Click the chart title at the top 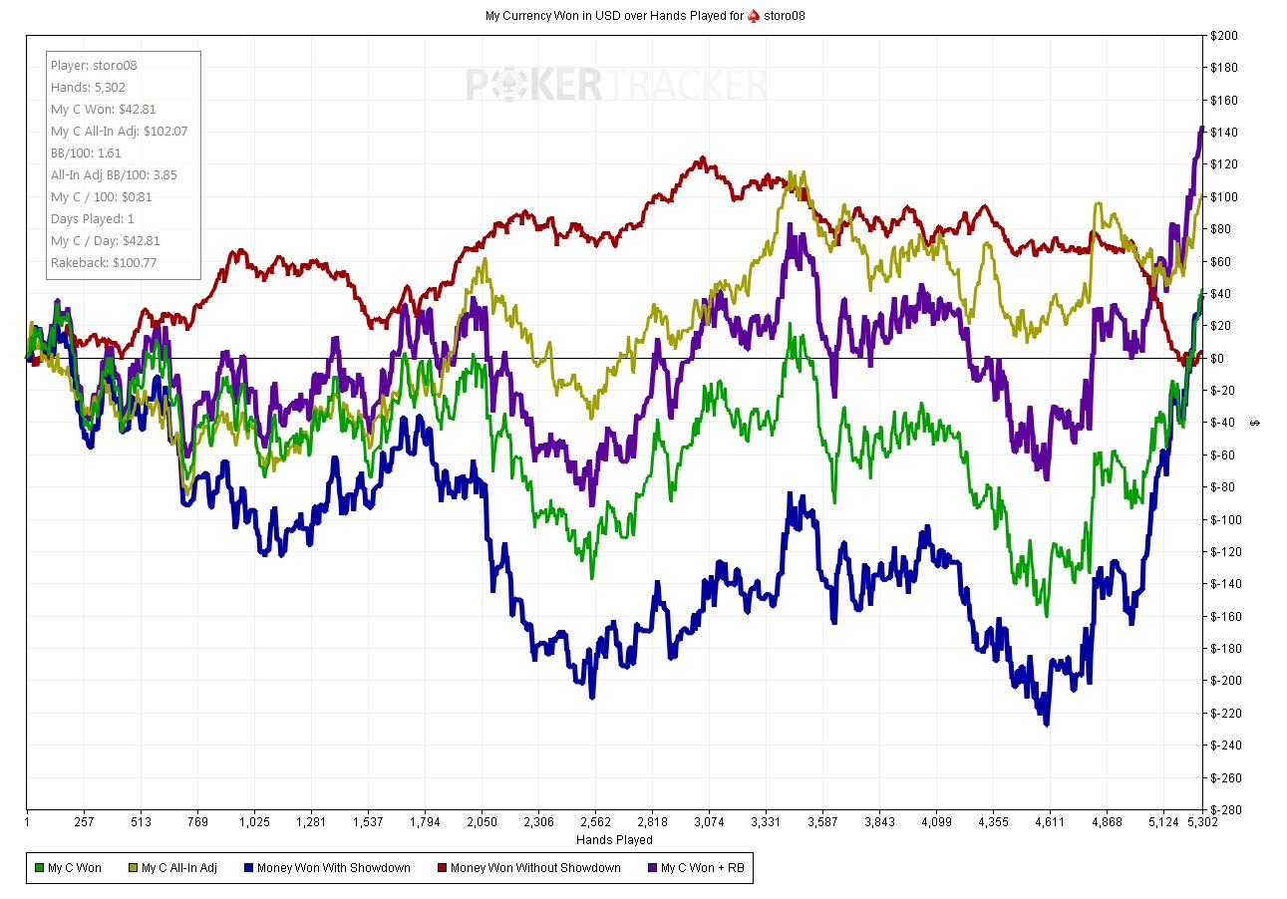tap(644, 16)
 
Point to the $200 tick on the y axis tap(1224, 36)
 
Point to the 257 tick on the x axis tap(84, 822)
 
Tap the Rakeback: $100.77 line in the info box tap(104, 263)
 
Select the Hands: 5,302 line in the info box tap(88, 88)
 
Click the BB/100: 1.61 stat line tap(86, 153)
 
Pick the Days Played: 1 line tap(92, 219)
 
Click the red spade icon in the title tap(754, 16)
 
